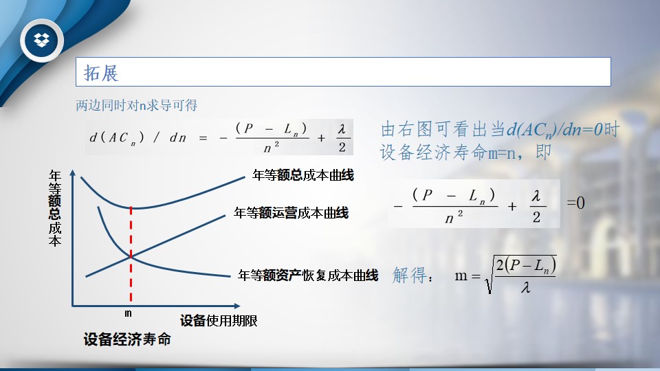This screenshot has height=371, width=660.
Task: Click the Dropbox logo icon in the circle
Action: [42, 40]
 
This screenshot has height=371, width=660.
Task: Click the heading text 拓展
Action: [101, 73]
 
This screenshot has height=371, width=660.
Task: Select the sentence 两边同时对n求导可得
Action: [136, 105]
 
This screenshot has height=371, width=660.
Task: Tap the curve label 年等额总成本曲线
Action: [303, 175]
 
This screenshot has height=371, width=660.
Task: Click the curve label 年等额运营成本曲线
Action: [291, 213]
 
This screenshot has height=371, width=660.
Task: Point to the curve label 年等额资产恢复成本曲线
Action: [308, 275]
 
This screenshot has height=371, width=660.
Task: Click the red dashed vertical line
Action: [131, 254]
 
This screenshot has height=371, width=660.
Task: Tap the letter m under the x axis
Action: [128, 313]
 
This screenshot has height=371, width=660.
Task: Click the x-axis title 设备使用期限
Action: [219, 321]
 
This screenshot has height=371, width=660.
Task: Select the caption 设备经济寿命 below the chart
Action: [127, 339]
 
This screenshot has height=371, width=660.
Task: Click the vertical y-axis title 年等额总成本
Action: [55, 207]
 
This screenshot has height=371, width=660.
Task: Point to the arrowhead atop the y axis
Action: [72, 172]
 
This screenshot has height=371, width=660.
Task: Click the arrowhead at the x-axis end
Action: [237, 306]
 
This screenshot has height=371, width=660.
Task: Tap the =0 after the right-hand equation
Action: [575, 203]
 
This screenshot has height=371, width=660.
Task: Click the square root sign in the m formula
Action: [489, 275]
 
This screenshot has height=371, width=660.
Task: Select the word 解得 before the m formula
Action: [409, 276]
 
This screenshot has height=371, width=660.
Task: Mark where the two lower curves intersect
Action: [131, 256]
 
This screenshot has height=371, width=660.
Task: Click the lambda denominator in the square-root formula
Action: [525, 287]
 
